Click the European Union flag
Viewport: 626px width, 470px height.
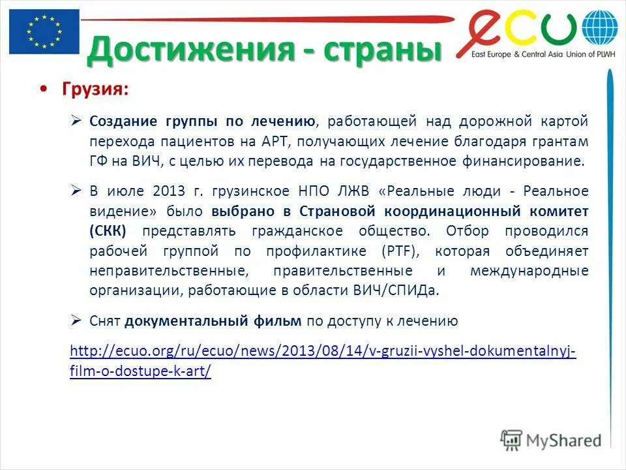tap(44, 31)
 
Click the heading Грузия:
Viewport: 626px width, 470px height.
tap(95, 89)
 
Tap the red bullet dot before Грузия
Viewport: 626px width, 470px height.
tap(44, 89)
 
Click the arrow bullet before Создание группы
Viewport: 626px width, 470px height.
tap(76, 121)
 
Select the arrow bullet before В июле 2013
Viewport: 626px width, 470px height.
tap(76, 191)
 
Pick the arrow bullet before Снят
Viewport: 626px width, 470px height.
tap(76, 321)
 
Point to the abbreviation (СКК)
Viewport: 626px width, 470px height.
tap(108, 231)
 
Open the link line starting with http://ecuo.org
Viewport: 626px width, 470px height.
tap(323, 352)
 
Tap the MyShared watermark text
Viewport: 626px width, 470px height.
tap(564, 441)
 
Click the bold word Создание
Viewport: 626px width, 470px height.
tap(123, 121)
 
